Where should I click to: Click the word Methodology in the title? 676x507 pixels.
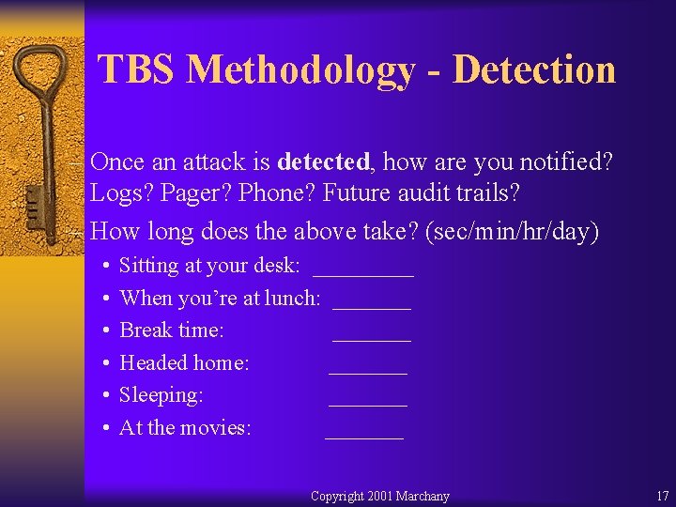[300, 70]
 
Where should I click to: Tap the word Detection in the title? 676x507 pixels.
[532, 70]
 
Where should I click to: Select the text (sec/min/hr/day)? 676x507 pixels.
[512, 232]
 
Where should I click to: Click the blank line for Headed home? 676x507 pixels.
[368, 371]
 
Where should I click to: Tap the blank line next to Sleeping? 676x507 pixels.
[368, 404]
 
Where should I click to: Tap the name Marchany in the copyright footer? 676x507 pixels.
[422, 496]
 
